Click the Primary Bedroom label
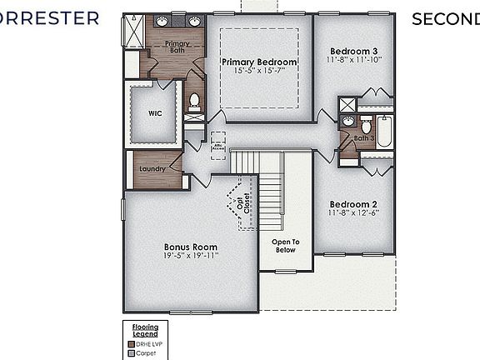[x=259, y=62]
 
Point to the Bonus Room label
[x=190, y=247]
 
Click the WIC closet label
[x=154, y=114]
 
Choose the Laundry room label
[x=152, y=168]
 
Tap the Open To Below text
[x=285, y=247]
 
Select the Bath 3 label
[x=364, y=139]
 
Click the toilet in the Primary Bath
[x=194, y=102]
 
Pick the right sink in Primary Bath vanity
[x=193, y=21]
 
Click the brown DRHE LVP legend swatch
[x=131, y=343]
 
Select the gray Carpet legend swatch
[x=131, y=352]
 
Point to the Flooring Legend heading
[x=146, y=331]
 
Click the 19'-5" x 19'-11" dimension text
[x=190, y=257]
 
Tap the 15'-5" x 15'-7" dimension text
[x=259, y=72]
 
